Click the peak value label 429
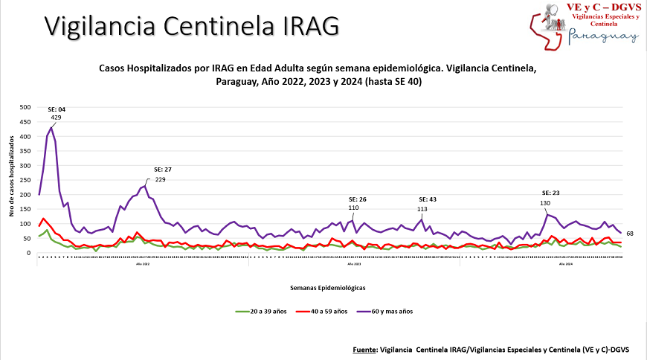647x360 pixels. click(x=56, y=118)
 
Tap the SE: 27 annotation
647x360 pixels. click(x=163, y=170)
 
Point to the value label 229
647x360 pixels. click(x=160, y=179)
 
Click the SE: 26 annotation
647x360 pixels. click(x=358, y=199)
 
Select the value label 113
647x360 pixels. click(x=422, y=209)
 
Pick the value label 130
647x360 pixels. click(x=545, y=203)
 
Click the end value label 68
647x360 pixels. click(x=629, y=234)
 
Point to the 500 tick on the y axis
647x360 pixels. click(x=25, y=108)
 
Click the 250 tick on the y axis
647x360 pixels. click(x=25, y=181)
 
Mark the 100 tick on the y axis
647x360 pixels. click(x=25, y=224)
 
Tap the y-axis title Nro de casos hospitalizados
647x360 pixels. click(x=12, y=180)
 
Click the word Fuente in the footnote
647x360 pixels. click(x=364, y=348)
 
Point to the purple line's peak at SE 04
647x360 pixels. click(x=51, y=128)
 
